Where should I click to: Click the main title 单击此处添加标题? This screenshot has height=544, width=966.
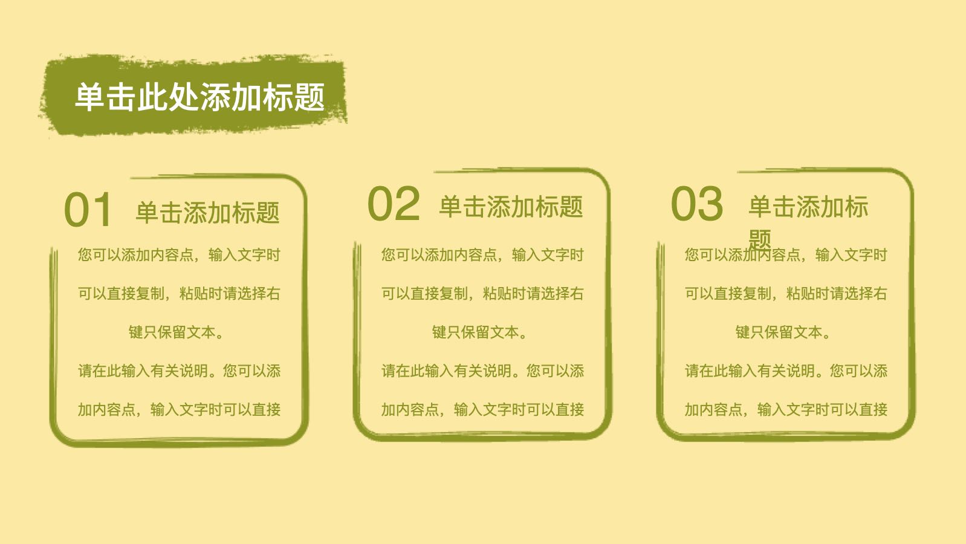[x=199, y=97]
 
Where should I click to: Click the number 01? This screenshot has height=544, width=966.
[x=88, y=210]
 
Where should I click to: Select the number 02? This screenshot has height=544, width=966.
[x=394, y=204]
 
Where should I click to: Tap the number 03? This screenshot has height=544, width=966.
[x=697, y=204]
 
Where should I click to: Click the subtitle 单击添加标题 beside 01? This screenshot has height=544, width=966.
[x=208, y=213]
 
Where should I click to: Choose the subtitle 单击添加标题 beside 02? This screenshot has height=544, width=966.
[x=511, y=207]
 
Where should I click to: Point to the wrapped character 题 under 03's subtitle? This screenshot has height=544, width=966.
[x=760, y=240]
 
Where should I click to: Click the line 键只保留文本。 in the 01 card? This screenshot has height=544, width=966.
[x=176, y=332]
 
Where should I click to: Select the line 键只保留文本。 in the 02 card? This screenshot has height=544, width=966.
[x=479, y=332]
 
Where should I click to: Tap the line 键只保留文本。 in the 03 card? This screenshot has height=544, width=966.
[x=783, y=332]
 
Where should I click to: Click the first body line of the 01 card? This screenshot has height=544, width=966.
[x=180, y=254]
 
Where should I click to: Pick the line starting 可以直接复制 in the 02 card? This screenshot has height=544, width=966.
[x=482, y=294]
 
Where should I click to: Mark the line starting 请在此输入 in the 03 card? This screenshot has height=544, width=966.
[x=786, y=371]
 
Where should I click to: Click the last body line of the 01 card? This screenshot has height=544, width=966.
[x=180, y=409]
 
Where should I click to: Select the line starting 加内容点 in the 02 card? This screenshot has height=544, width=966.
[x=482, y=409]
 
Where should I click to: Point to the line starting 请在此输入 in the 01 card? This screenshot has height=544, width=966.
[x=180, y=371]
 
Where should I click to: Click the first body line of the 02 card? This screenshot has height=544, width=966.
[x=482, y=254]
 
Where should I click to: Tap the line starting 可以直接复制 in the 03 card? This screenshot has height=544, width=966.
[x=786, y=294]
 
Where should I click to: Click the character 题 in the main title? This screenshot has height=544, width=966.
[x=310, y=97]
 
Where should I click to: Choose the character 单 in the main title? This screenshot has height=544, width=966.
[x=90, y=97]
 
